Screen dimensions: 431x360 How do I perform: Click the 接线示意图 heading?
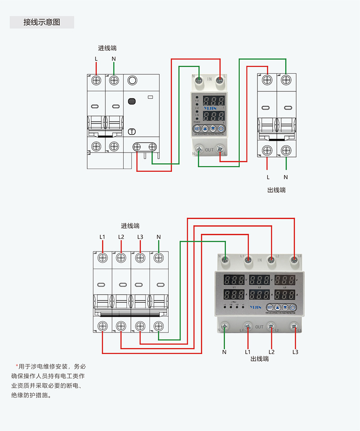tap(41, 22)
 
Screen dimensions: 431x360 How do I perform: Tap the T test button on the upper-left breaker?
tap(132, 132)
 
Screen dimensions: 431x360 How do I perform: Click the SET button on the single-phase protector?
tap(197, 128)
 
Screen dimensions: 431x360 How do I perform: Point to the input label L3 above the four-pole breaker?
tap(140, 237)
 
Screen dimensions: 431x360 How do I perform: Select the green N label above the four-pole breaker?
tap(158, 237)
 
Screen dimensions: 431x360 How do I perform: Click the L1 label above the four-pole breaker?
tap(102, 237)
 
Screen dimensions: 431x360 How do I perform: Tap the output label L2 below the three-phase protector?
tap(271, 352)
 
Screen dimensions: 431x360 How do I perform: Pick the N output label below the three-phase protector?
tap(224, 352)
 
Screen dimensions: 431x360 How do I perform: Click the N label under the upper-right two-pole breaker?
tap(286, 177)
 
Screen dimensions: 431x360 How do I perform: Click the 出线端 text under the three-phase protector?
tap(260, 359)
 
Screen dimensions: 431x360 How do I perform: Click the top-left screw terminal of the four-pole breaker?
tap(102, 257)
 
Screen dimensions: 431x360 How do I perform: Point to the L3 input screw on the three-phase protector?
tap(294, 259)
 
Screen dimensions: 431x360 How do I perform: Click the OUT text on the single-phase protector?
tap(209, 149)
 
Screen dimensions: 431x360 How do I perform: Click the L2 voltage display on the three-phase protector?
tap(260, 280)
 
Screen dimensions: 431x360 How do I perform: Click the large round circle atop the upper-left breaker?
tap(132, 81)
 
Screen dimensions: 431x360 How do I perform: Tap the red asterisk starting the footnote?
tap(17, 366)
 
